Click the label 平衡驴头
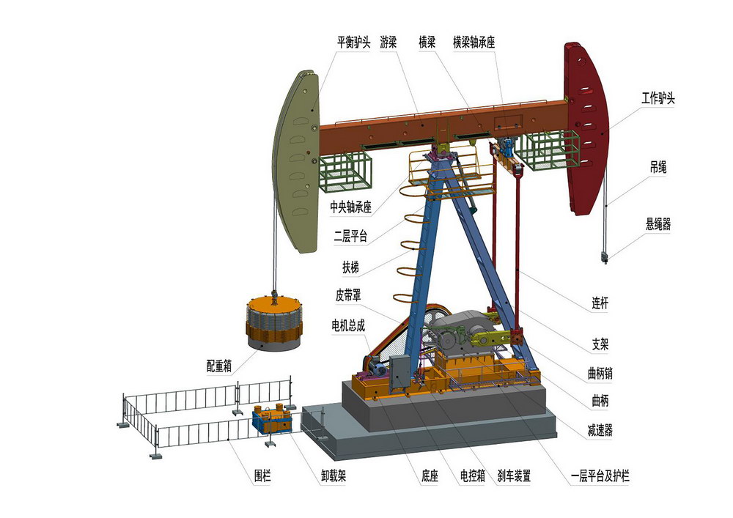click(353, 42)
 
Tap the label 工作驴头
click(658, 98)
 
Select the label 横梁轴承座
click(474, 42)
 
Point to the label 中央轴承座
click(350, 207)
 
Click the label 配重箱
click(219, 366)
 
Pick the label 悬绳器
click(658, 224)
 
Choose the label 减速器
click(600, 430)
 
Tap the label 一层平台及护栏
click(600, 476)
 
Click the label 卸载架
click(334, 476)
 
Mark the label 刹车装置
click(514, 476)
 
